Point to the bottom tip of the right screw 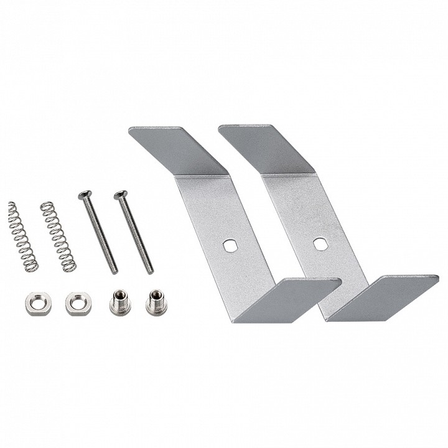point(149,272)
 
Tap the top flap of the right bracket point(264,146)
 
